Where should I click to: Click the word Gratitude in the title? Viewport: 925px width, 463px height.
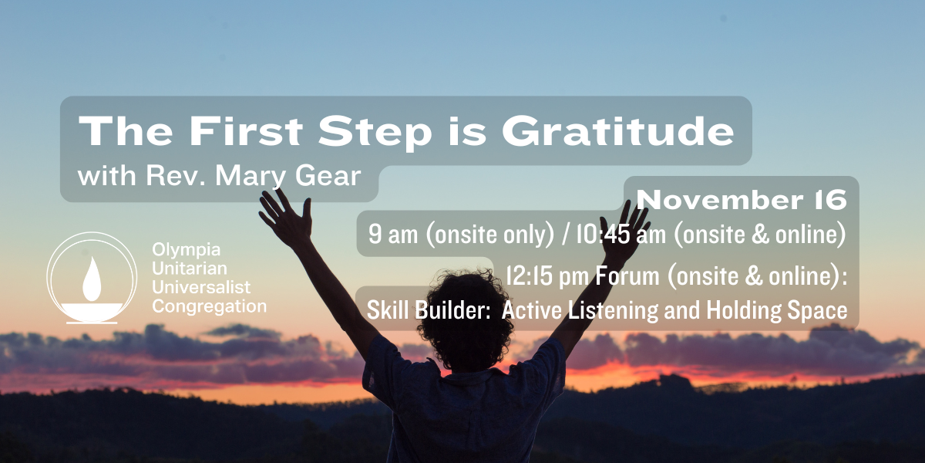pyautogui.click(x=617, y=131)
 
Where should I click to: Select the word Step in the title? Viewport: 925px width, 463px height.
pyautogui.click(x=375, y=132)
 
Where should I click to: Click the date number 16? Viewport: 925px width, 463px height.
pyautogui.click(x=831, y=200)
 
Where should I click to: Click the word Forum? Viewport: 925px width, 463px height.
pyautogui.click(x=627, y=275)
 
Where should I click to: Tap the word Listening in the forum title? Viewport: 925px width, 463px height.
pyautogui.click(x=614, y=310)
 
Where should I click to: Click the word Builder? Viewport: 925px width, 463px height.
pyautogui.click(x=452, y=310)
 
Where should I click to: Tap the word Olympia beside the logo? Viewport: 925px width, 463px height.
pyautogui.click(x=187, y=250)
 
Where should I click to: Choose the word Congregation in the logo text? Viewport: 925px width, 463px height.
pyautogui.click(x=210, y=307)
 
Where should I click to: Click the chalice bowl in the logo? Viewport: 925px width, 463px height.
pyautogui.click(x=92, y=311)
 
